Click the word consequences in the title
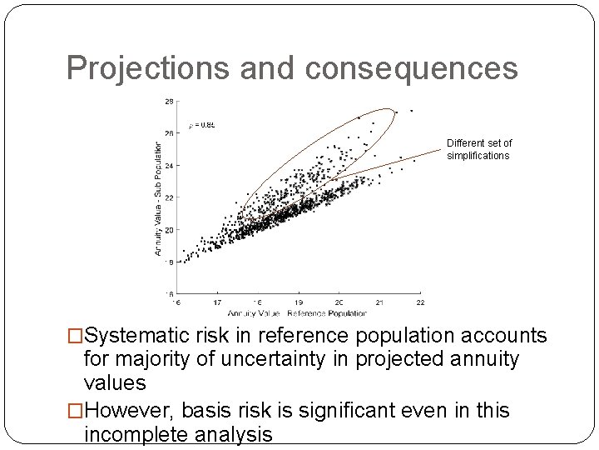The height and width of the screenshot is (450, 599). point(411,68)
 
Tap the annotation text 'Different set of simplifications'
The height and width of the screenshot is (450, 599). point(478,149)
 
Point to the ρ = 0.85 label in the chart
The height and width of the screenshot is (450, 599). point(201,125)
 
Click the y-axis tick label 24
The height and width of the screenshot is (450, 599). point(169,165)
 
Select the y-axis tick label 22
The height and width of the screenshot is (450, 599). point(169,197)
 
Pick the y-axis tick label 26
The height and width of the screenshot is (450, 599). point(169,132)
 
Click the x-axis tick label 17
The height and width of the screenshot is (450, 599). point(216,302)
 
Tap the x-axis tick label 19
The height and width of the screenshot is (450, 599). point(298,302)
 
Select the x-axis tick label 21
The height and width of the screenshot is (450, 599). point(379,302)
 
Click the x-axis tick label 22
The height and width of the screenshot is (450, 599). point(420,302)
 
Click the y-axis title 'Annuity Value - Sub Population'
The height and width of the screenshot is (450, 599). point(158,197)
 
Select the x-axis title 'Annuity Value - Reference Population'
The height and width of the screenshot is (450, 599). point(297,313)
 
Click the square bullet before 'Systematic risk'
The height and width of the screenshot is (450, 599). point(76,337)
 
